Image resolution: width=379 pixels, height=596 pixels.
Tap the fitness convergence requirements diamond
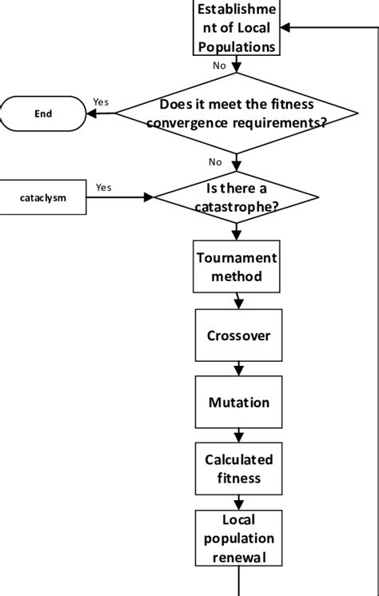pos(235,113)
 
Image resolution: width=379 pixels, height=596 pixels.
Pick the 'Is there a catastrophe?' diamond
pos(236,197)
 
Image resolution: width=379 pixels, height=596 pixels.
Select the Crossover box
pos(238,335)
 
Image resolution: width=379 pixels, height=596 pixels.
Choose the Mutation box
pos(238,402)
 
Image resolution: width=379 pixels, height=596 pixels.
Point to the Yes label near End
pos(101,101)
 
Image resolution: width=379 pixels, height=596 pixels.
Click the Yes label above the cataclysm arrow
pos(104,187)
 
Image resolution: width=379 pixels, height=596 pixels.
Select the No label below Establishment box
pos(219,66)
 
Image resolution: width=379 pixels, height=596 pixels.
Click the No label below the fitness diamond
pos(215,162)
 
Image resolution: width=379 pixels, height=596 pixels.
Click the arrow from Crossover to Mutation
pos(238,369)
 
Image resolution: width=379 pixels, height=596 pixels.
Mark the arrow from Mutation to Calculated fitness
pos(238,435)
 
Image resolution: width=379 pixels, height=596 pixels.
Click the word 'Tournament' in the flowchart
pos(237,258)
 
